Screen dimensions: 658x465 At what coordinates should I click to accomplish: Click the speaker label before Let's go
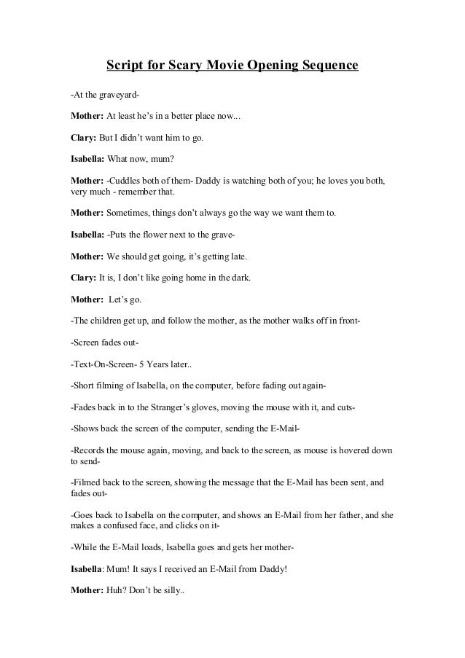[87, 299]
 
